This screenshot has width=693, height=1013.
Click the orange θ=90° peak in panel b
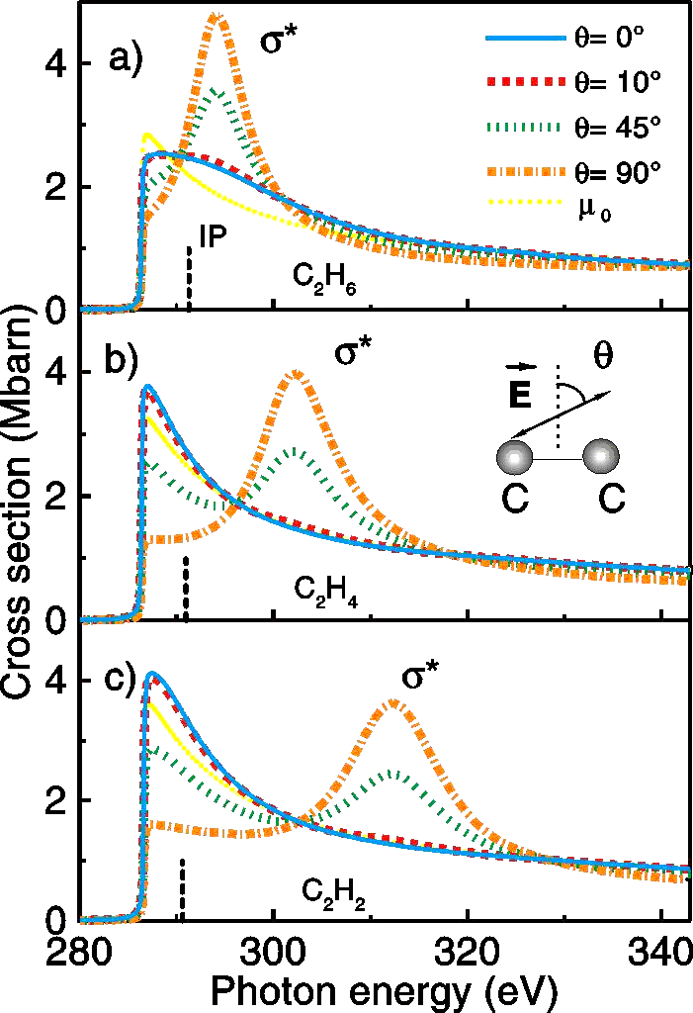click(x=298, y=374)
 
